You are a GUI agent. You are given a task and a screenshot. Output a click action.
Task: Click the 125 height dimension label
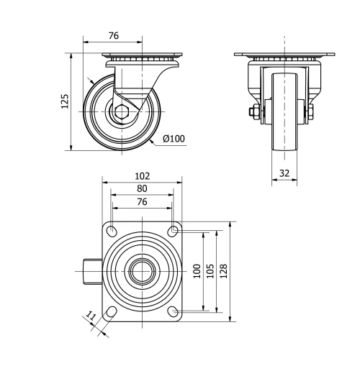coord(64,101)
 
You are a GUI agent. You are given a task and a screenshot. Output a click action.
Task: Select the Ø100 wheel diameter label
coord(174,138)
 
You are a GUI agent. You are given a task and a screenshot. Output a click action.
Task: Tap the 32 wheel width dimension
coord(285,173)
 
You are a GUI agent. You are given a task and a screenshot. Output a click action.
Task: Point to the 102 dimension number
coord(142,175)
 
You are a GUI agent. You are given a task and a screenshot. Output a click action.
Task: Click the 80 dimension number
coord(142,188)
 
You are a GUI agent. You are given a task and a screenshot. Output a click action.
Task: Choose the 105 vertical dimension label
coord(210,271)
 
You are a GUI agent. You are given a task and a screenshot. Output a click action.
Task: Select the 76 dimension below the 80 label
coord(142,202)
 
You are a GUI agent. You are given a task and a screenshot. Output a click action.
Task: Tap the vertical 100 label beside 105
coord(196,271)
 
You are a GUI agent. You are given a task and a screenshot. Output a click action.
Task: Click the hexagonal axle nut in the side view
coord(122,111)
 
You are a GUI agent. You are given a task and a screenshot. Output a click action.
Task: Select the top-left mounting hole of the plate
coord(112,231)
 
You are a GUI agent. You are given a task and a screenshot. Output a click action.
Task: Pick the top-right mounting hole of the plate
coord(173,231)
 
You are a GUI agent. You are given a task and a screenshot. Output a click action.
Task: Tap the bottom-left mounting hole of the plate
coord(112,311)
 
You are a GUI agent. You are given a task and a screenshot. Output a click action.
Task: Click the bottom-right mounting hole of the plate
coord(173,311)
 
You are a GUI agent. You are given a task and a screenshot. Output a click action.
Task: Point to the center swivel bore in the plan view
coord(143,271)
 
